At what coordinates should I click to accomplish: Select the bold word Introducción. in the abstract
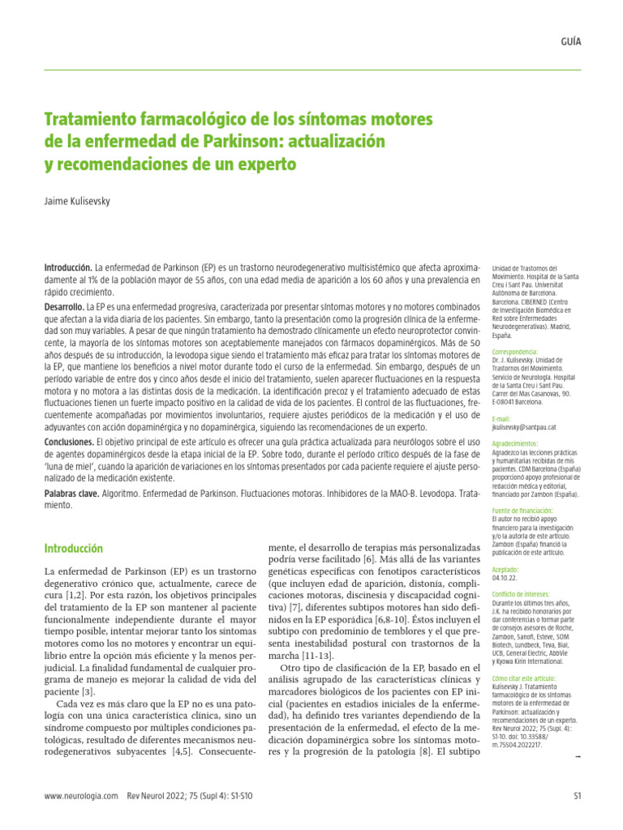pyautogui.click(x=68, y=267)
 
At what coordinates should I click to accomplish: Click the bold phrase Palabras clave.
pyautogui.click(x=71, y=494)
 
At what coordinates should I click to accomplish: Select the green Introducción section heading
pyautogui.click(x=74, y=549)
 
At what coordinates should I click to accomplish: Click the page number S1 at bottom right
pyautogui.click(x=577, y=798)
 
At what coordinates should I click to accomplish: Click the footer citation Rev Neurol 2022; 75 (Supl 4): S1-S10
pyautogui.click(x=189, y=798)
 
